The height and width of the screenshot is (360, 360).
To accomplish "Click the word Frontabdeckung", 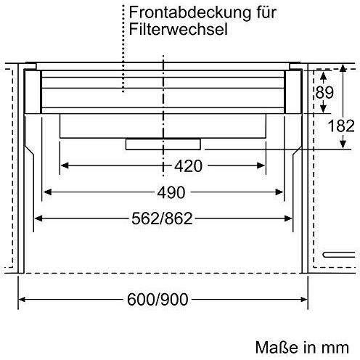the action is click(190, 12).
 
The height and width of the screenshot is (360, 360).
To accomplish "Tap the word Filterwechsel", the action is click(178, 29).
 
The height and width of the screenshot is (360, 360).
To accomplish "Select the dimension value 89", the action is click(324, 92).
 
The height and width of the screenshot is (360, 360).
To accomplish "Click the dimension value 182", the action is click(341, 126).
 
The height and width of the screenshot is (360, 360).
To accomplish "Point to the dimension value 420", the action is click(188, 166).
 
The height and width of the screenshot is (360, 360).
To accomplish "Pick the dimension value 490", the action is click(171, 192).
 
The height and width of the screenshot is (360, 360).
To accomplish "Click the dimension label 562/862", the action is click(162, 218).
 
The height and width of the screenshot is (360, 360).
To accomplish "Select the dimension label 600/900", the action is click(157, 300).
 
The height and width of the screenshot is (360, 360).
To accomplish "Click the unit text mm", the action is click(335, 349).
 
